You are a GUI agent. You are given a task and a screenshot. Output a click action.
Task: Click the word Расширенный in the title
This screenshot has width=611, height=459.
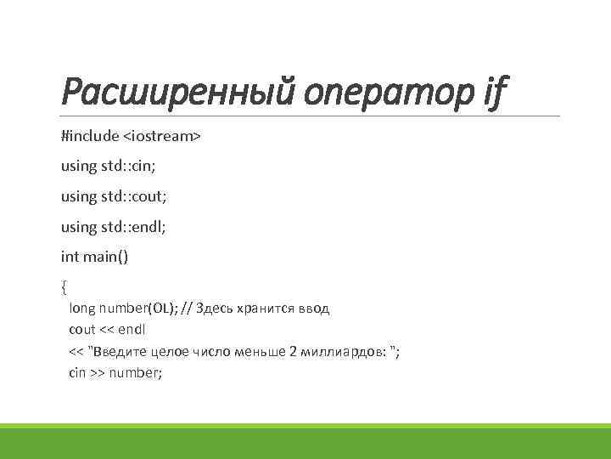169,89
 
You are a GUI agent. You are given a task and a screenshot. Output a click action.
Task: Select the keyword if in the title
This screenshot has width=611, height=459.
492,89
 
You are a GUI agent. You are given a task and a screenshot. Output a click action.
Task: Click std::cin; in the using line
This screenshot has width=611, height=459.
137,166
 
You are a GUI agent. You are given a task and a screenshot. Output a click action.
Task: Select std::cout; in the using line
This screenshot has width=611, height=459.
142,195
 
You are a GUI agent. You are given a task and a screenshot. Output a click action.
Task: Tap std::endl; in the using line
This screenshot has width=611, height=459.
141,226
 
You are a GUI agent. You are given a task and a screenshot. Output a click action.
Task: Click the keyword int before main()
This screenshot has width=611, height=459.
70,256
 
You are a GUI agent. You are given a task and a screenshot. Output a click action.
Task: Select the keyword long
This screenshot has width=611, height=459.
82,309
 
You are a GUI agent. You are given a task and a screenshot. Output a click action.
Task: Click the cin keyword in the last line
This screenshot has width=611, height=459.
77,373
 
